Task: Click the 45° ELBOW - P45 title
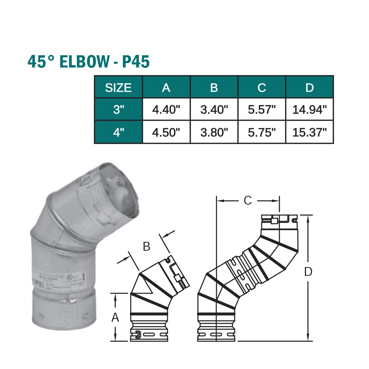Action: click(89, 62)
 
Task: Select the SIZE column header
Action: click(118, 88)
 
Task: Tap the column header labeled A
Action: click(166, 88)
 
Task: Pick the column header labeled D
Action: click(309, 88)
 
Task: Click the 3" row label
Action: click(118, 110)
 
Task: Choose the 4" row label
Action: click(118, 132)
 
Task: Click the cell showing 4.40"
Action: click(166, 110)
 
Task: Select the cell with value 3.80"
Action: click(214, 132)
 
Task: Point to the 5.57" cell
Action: click(262, 110)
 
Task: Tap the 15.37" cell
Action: click(309, 132)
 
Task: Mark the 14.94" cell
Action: click(309, 110)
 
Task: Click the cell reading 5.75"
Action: click(262, 132)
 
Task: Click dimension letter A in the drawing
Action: click(115, 318)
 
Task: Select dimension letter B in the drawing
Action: click(147, 247)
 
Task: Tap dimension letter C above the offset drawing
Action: click(248, 201)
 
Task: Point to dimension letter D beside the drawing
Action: click(308, 272)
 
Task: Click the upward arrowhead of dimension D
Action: click(308, 218)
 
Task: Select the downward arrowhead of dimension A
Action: click(115, 337)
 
